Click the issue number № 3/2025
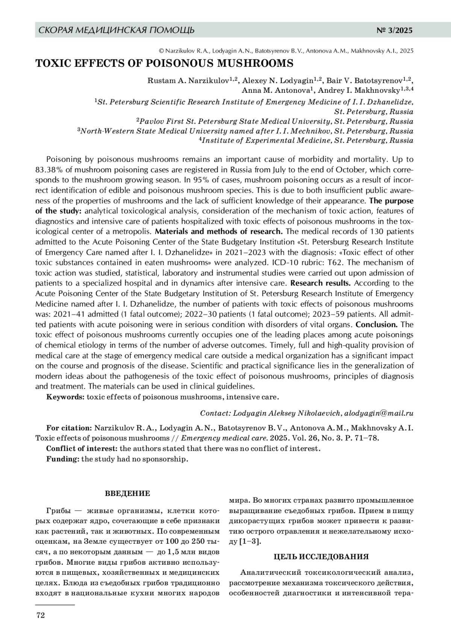pyautogui.click(x=394, y=30)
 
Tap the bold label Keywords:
pyautogui.click(x=65, y=397)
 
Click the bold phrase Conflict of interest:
pyautogui.click(x=82, y=448)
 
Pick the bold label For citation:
pyautogui.click(x=69, y=428)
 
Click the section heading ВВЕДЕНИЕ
pyautogui.click(x=127, y=493)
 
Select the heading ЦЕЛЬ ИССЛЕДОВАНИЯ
pyautogui.click(x=321, y=557)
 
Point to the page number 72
pyautogui.click(x=40, y=615)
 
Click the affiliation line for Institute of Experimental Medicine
pyautogui.click(x=306, y=141)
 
